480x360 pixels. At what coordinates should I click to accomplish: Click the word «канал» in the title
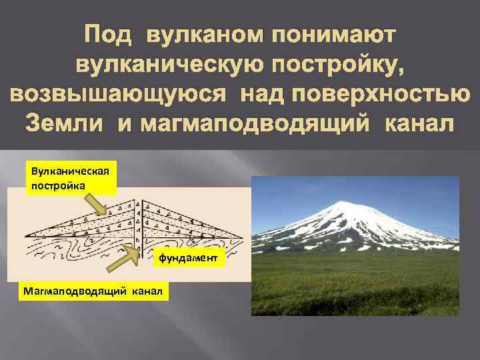click(x=417, y=124)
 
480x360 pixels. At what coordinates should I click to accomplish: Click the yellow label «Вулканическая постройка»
click(x=69, y=177)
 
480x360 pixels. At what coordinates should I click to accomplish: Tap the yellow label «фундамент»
click(x=191, y=257)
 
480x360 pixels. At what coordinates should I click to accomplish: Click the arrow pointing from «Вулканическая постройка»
click(x=103, y=204)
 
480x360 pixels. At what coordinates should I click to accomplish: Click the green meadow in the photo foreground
click(x=353, y=287)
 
